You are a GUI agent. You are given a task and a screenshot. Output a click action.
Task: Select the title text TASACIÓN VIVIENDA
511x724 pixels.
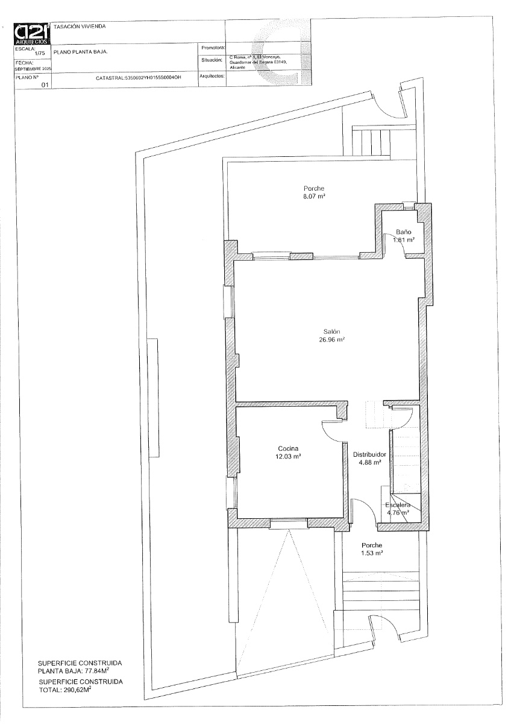click(80, 27)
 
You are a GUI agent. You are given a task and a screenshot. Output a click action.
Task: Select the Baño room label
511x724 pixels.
click(403, 232)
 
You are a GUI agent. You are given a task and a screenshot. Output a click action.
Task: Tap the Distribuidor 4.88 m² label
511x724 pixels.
click(369, 459)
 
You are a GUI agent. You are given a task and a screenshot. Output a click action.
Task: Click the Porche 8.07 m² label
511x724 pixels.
click(314, 193)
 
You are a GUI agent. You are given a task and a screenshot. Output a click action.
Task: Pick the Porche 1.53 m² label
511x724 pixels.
click(372, 548)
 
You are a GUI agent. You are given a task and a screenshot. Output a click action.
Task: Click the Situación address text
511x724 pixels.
click(257, 62)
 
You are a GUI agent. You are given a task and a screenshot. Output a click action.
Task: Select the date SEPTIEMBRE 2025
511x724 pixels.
click(34, 69)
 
